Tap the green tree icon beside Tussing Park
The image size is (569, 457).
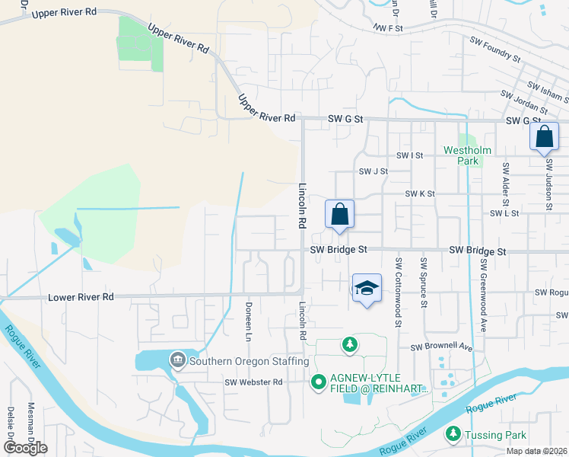click(x=453, y=433)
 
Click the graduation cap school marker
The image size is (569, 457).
click(x=367, y=289)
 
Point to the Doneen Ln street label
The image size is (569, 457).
click(x=248, y=321)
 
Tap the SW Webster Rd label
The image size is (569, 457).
click(x=254, y=382)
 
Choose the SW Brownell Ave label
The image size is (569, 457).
click(x=442, y=347)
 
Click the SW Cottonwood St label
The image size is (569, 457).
click(x=397, y=292)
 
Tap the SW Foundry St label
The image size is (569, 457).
click(x=494, y=49)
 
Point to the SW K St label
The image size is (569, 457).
click(x=419, y=194)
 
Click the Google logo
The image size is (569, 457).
click(x=25, y=448)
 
